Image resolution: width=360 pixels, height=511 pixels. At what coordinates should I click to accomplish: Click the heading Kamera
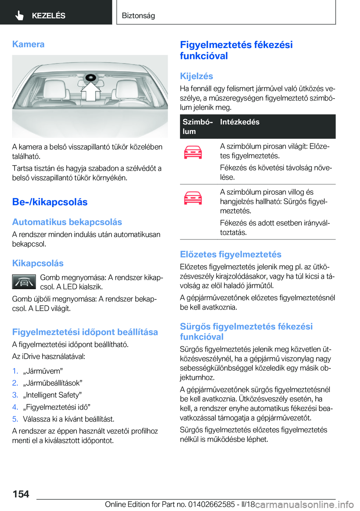coord(28,44)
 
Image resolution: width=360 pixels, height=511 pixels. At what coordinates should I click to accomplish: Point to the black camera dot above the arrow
coord(90,78)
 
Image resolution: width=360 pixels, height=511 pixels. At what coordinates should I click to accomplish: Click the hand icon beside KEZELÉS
coord(19,15)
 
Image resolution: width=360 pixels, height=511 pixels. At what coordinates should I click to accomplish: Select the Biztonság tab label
coord(138,15)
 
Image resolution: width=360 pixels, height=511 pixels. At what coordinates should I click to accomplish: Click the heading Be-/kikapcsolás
coord(50,202)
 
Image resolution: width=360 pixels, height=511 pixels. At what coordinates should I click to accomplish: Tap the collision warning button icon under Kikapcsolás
coord(24,282)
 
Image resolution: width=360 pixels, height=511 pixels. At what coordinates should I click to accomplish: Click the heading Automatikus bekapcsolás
coord(67,222)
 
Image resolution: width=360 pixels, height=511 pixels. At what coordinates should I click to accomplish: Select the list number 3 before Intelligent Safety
coord(15,395)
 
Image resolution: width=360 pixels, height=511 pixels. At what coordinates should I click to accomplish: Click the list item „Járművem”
coord(43,371)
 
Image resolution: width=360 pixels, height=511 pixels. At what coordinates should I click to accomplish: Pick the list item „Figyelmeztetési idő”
coord(57,407)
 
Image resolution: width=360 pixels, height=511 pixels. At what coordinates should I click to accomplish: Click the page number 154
coord(21,494)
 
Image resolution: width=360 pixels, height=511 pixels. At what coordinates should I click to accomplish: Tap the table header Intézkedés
coord(240,122)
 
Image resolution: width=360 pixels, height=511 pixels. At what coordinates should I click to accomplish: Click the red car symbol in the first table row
coord(193,152)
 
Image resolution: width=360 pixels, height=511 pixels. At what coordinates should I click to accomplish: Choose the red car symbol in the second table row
coord(193,198)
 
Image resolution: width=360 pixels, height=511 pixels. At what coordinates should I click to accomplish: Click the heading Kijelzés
coord(196,76)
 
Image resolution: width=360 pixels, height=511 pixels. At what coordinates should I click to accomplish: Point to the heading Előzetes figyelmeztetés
coord(231,254)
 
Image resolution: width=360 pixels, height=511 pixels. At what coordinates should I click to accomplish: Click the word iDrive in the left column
coord(32,356)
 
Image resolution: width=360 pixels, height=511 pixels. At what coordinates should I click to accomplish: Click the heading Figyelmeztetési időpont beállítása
coord(85,332)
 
